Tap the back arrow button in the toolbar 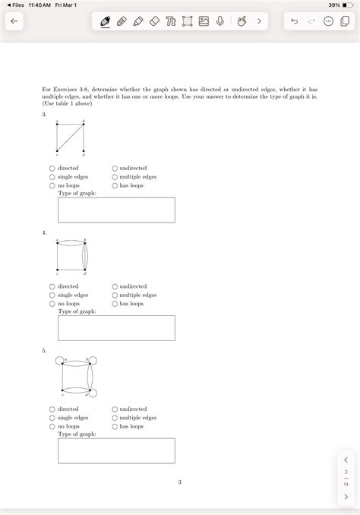[x=13, y=22]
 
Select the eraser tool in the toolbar [x=154, y=22]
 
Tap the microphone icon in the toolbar [x=220, y=22]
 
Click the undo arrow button [x=294, y=22]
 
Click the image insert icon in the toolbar [x=204, y=22]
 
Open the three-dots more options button [x=328, y=22]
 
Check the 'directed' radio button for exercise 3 [x=52, y=169]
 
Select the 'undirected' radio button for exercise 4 [x=115, y=286]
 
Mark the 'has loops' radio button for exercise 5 [x=115, y=426]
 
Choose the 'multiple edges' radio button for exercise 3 [x=115, y=177]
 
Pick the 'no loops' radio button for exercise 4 [x=52, y=304]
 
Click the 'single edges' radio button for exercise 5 [x=52, y=418]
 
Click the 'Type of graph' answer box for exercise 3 [x=116, y=210]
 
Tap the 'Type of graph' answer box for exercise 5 [x=116, y=450]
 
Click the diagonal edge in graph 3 [x=71, y=137]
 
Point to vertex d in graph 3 [x=84, y=150]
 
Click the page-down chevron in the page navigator [x=346, y=497]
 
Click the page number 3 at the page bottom [x=180, y=482]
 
